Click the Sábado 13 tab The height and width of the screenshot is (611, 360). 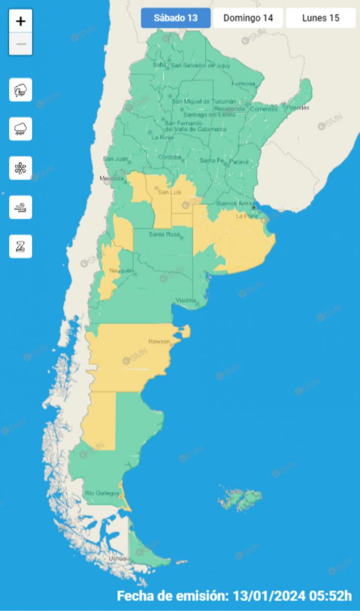[x=176, y=18]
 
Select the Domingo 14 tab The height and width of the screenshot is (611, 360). [x=248, y=18]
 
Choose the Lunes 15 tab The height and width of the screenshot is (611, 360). [x=320, y=18]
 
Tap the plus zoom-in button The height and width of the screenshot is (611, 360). [x=21, y=21]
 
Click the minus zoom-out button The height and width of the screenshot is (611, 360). [x=21, y=44]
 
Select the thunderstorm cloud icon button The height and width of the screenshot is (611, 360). [x=21, y=90]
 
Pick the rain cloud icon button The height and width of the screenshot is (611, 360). [x=21, y=129]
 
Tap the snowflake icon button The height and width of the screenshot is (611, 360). [x=21, y=168]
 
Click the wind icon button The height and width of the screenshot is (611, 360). [x=21, y=207]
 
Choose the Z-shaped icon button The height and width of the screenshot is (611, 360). [x=21, y=246]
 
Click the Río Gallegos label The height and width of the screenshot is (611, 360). [x=102, y=493]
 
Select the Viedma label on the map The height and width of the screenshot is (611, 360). [x=185, y=300]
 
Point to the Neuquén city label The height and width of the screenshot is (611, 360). [x=121, y=270]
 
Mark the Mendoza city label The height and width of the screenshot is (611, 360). [x=112, y=179]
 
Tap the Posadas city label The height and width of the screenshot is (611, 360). [x=298, y=107]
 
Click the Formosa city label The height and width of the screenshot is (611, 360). [x=242, y=84]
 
